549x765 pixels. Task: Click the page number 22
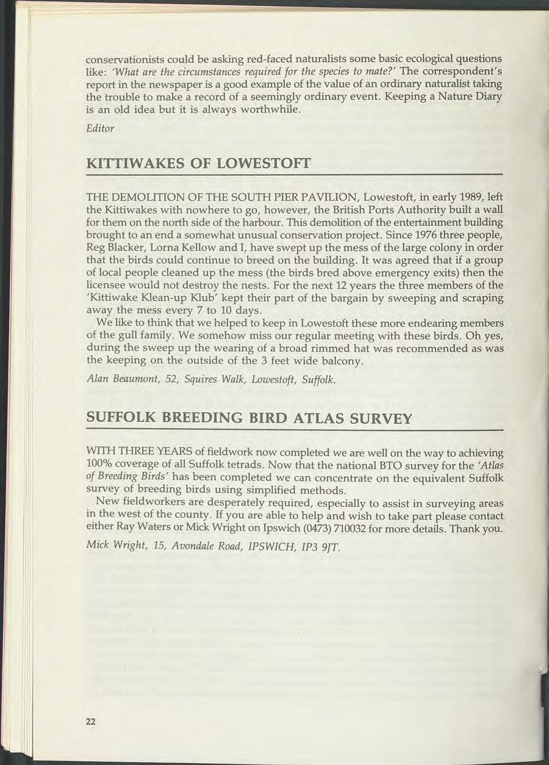pyautogui.click(x=91, y=721)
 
